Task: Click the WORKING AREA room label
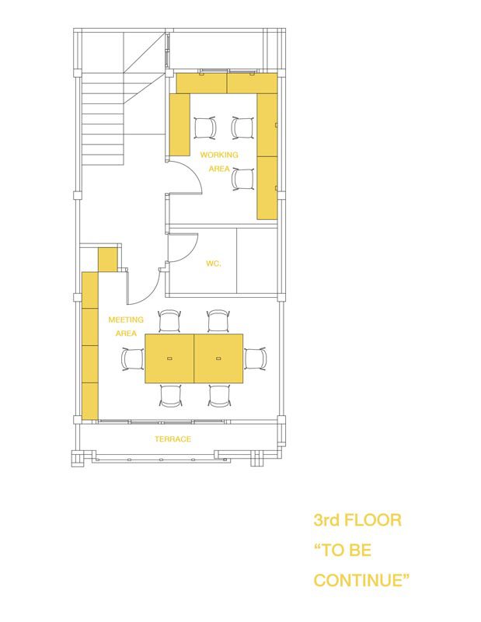point(219,162)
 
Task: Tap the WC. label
point(214,264)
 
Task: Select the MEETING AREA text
point(126,326)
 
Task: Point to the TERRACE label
point(173,439)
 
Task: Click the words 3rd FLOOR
point(357,519)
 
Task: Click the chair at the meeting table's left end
point(133,359)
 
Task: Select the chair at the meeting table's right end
point(256,358)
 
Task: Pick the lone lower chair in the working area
point(243,180)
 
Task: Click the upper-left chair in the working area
point(205,128)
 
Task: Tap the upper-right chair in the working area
point(242,128)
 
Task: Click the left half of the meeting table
point(169,358)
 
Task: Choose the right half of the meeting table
point(218,358)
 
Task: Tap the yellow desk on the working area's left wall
point(180,125)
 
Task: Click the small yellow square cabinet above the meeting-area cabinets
point(107,260)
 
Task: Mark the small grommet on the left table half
point(169,358)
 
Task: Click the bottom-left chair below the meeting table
point(171,396)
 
